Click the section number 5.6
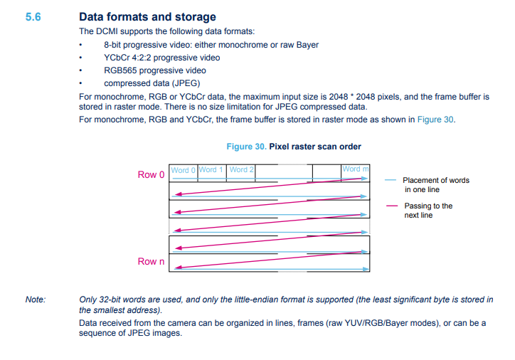33,16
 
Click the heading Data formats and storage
147,17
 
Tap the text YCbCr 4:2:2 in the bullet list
132,58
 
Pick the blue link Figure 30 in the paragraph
435,120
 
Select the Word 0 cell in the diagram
183,170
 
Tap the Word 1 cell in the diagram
211,170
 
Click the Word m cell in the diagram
356,169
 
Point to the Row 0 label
151,174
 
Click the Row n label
151,262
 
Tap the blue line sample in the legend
391,180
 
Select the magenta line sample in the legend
391,206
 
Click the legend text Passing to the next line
428,211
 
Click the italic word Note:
36,300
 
